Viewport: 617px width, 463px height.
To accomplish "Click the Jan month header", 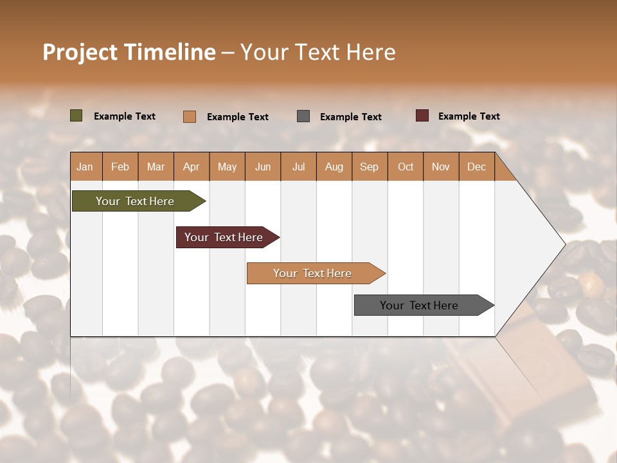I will click(x=85, y=167).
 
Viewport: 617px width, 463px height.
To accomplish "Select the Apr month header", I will click(x=192, y=167).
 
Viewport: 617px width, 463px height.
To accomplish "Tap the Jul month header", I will click(x=298, y=167).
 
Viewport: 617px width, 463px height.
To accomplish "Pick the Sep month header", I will click(x=369, y=167).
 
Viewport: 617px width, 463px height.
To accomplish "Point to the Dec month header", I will click(x=476, y=167).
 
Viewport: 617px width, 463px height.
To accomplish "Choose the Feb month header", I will click(x=120, y=167).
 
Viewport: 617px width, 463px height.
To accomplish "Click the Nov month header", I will click(x=440, y=167).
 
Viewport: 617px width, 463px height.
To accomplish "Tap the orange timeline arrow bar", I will click(x=313, y=273).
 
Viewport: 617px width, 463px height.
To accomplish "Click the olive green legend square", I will click(x=76, y=116).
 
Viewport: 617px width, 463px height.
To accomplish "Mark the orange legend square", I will click(x=190, y=116).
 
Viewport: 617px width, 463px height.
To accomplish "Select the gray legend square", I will click(x=303, y=116).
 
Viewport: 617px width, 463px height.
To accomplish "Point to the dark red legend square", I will click(x=422, y=116).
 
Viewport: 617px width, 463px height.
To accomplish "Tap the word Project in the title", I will click(x=80, y=52).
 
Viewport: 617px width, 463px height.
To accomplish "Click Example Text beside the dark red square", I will click(x=469, y=116).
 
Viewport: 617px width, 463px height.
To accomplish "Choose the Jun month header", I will click(x=263, y=167).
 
